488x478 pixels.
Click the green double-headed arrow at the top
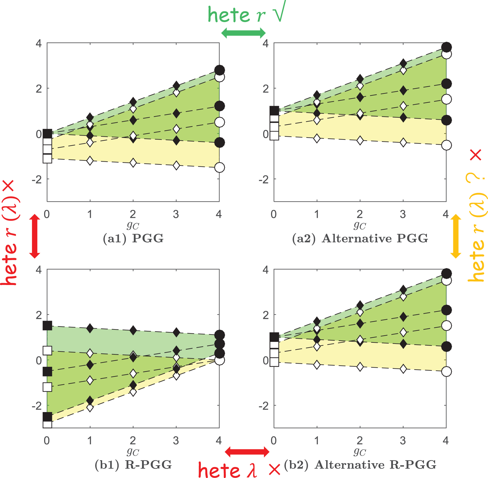coord(243,33)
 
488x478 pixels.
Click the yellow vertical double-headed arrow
coord(456,236)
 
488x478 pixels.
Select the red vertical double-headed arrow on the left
coord(35,236)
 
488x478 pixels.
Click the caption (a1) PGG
coord(133,239)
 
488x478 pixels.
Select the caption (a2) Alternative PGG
coord(360,239)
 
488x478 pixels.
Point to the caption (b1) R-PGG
coord(133,465)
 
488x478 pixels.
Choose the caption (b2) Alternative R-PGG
coord(360,465)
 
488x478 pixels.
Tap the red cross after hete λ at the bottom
coord(274,470)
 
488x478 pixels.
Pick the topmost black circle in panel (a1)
coord(220,70)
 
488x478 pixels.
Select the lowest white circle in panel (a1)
coord(220,167)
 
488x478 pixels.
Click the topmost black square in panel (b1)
coord(47,326)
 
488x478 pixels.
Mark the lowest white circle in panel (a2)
coord(446,145)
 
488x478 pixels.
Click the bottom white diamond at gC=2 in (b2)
coord(360,367)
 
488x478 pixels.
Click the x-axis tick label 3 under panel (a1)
coord(176,215)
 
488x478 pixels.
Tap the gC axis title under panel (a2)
coord(360,226)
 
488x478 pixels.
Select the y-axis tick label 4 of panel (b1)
coord(39,270)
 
